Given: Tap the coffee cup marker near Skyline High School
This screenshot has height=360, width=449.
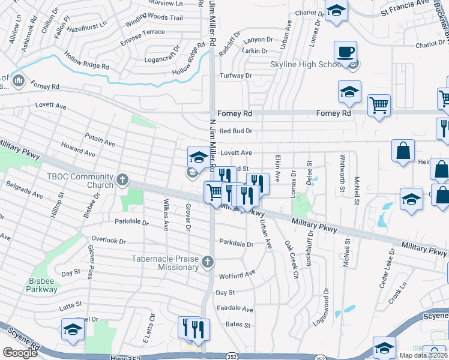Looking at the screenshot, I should coord(345,52).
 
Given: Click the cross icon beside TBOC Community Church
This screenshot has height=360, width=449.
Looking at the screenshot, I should coord(122,179).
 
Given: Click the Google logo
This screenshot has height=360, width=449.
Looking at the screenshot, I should coord(20,353).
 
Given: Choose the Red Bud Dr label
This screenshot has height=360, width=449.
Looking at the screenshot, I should coord(235,131).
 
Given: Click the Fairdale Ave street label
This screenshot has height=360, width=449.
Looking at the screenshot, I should coord(235,308).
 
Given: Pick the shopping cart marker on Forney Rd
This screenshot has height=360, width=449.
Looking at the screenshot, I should coord(379,106).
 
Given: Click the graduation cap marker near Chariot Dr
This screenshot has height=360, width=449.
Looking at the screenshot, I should coord(336,10).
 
